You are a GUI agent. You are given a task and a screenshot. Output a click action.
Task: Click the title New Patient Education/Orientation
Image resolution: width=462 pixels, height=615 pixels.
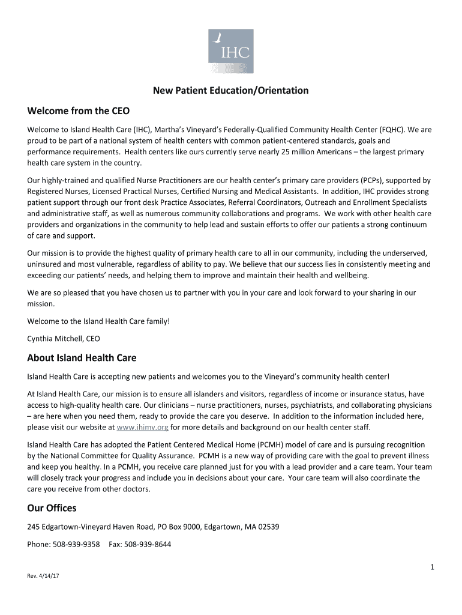tap(230, 91)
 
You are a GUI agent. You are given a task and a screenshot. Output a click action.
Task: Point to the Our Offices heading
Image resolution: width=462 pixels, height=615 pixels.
tap(52, 508)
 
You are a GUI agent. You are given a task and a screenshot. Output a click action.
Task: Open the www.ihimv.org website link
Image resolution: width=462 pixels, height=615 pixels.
tap(143, 427)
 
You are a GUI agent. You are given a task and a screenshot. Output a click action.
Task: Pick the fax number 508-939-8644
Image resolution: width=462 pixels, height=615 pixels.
tap(148, 545)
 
